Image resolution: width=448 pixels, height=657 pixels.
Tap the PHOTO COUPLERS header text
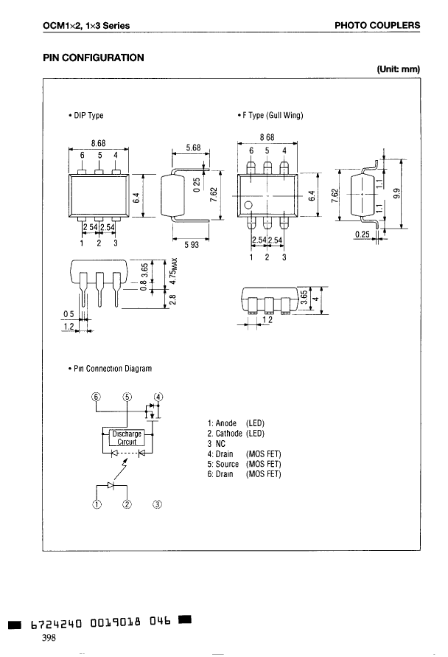point(377,25)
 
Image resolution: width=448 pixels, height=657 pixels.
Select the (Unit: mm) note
point(398,69)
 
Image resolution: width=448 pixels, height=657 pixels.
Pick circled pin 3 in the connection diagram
point(157,504)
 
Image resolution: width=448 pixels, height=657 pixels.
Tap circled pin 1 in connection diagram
point(96,504)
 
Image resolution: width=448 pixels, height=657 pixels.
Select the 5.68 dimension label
point(193,147)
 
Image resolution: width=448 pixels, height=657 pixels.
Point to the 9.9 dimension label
point(398,194)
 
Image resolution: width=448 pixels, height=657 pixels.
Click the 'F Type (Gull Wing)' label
point(270,115)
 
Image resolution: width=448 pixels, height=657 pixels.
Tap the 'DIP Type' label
point(86,115)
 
